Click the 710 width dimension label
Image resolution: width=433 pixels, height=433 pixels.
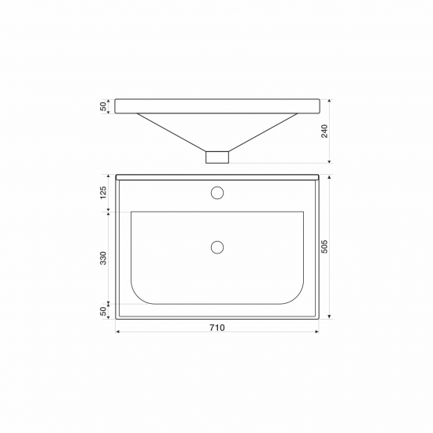[x=217, y=328]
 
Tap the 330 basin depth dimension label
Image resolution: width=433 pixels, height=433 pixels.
[x=103, y=258]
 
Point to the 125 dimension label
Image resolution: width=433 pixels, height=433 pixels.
[x=103, y=193]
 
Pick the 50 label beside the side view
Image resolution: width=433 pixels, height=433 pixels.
[x=103, y=106]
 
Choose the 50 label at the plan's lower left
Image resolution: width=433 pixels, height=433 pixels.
[x=103, y=312]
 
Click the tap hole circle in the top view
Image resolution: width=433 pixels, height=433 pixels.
[x=217, y=192]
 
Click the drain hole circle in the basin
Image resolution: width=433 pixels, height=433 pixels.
[x=217, y=246]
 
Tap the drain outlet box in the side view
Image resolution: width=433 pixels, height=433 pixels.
[x=217, y=156]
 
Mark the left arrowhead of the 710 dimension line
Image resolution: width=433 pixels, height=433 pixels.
[x=118, y=333]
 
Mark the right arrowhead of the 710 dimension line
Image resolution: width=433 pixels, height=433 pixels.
[x=317, y=333]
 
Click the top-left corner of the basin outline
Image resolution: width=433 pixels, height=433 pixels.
[x=131, y=212]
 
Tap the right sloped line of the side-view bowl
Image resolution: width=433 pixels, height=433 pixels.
[x=264, y=131]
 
